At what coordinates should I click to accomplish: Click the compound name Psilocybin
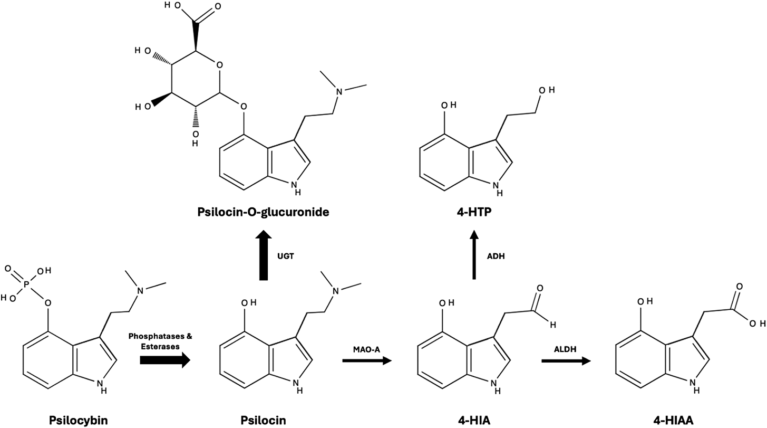tap(79, 420)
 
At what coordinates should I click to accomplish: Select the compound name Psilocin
tap(263, 420)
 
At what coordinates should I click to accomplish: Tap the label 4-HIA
tap(473, 420)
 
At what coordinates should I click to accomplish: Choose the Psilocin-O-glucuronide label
tap(263, 212)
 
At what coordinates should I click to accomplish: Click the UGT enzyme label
tap(286, 256)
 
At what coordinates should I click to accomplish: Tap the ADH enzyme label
tap(496, 256)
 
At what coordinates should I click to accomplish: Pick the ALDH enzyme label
tap(565, 349)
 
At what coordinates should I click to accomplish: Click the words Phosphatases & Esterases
tap(160, 341)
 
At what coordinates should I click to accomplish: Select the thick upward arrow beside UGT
tap(263, 255)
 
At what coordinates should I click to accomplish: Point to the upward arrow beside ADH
tap(474, 255)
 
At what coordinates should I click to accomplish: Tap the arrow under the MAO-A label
tap(367, 360)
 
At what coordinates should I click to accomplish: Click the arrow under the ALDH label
tap(566, 360)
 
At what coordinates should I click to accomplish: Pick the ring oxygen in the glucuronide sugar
tap(219, 65)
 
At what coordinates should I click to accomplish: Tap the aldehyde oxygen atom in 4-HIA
tap(540, 288)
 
